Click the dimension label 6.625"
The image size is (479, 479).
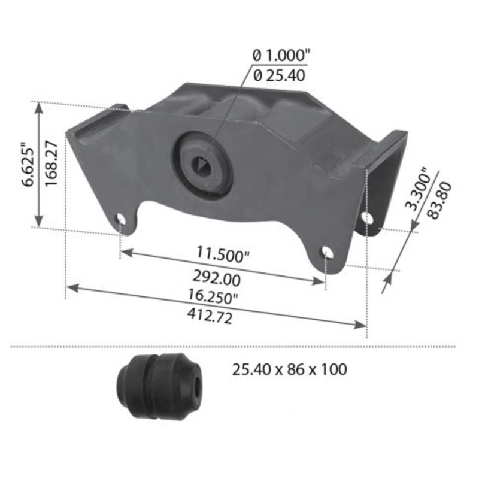click(27, 165)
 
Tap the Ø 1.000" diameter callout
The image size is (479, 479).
click(281, 55)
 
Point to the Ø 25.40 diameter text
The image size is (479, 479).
click(280, 75)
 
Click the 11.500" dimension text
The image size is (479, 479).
click(223, 253)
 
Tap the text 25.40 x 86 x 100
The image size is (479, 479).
click(289, 369)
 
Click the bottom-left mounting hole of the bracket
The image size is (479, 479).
click(122, 219)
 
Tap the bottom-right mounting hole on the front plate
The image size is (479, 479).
click(326, 253)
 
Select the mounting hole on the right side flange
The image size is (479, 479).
click(368, 218)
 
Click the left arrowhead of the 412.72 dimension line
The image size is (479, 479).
click(69, 287)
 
